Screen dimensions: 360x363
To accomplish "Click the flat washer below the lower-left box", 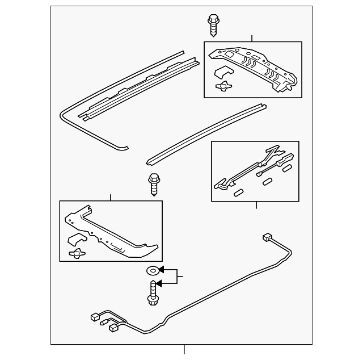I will point(152,271).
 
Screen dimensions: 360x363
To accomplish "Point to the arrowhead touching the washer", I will point(161,271).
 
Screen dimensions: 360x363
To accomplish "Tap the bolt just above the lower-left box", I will point(153,183).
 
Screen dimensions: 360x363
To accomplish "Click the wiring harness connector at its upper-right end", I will point(267,237).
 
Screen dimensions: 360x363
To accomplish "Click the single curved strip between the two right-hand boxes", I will point(204,134).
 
